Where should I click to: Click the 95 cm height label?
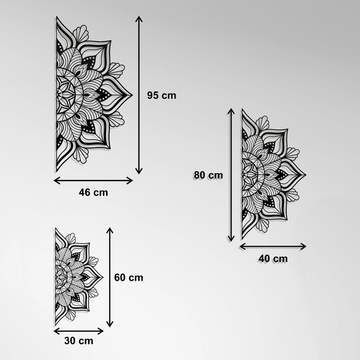(162, 95)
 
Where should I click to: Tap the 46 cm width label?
(93, 193)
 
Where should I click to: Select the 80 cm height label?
(208, 175)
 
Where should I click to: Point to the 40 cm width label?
(273, 258)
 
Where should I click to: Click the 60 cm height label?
(129, 278)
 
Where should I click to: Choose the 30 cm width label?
(79, 341)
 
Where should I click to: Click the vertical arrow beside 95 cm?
(139, 95)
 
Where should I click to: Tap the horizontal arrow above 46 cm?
(93, 180)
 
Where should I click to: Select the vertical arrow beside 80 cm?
(231, 175)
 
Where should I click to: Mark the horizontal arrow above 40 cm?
(273, 246)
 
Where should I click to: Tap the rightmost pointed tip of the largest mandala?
(131, 94)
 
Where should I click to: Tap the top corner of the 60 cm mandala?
(55, 228)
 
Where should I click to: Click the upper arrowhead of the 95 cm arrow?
(139, 20)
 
